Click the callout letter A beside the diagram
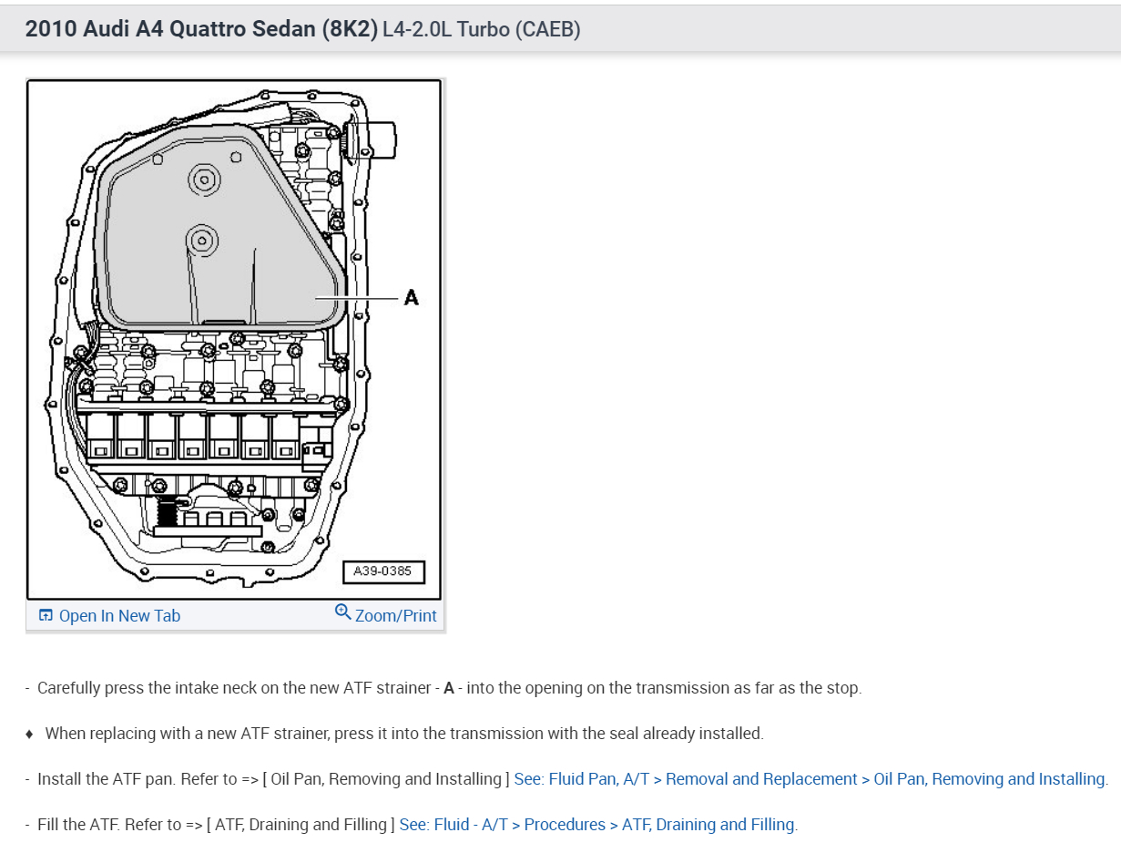tap(411, 297)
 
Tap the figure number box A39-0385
tap(382, 571)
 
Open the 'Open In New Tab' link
tap(119, 616)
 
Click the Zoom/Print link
tap(395, 616)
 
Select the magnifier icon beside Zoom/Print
tap(343, 612)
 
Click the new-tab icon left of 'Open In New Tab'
tap(46, 616)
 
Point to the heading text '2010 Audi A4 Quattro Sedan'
tap(172, 29)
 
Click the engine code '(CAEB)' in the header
tap(547, 29)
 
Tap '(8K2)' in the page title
tap(349, 29)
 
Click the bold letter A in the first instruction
tap(448, 688)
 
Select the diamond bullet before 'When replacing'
tap(29, 734)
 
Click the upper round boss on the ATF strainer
tap(203, 180)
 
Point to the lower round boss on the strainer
tap(201, 241)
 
